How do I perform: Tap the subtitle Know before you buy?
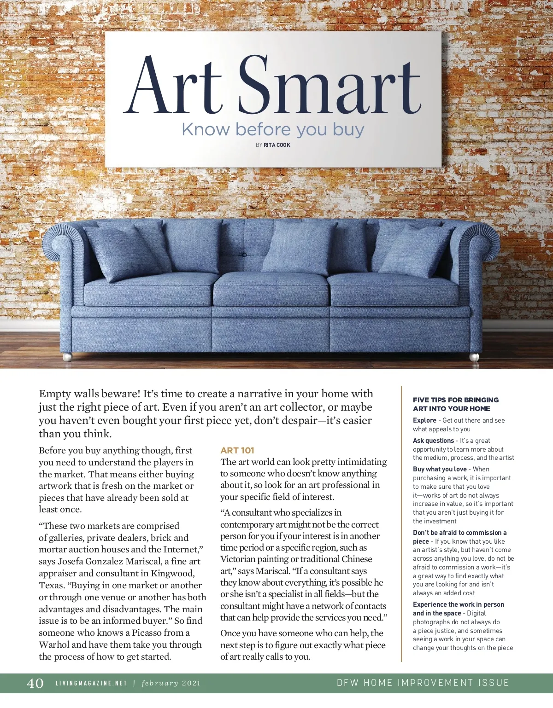(x=273, y=129)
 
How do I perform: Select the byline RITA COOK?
(x=276, y=145)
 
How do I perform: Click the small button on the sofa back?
(x=244, y=255)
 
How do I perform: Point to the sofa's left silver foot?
(x=67, y=357)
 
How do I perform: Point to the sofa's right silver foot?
(x=474, y=357)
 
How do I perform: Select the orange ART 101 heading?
(x=237, y=451)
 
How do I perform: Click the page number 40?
(x=35, y=683)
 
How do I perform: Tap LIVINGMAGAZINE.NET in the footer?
(x=91, y=684)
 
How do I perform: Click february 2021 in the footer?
(x=171, y=684)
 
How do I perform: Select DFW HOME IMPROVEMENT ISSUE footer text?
(x=423, y=683)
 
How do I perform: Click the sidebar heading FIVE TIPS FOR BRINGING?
(x=456, y=400)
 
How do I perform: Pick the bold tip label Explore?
(x=424, y=420)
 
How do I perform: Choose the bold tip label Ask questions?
(x=433, y=441)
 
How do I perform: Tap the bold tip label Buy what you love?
(x=440, y=469)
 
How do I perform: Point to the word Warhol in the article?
(x=54, y=645)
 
